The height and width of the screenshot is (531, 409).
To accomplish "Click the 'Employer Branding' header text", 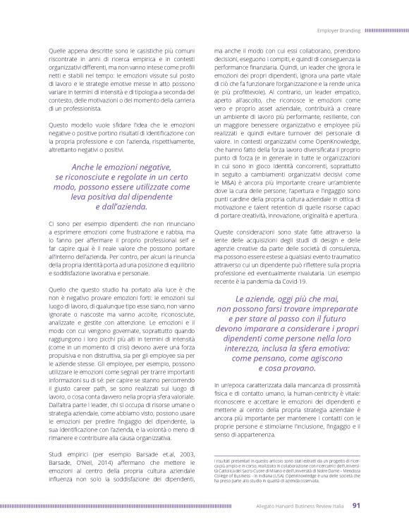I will click(x=338, y=31).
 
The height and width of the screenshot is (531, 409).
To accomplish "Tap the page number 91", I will click(x=357, y=504).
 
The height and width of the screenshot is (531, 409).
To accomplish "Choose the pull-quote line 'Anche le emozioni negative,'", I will click(x=121, y=167).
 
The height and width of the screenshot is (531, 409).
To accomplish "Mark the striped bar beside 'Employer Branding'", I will click(x=387, y=31).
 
